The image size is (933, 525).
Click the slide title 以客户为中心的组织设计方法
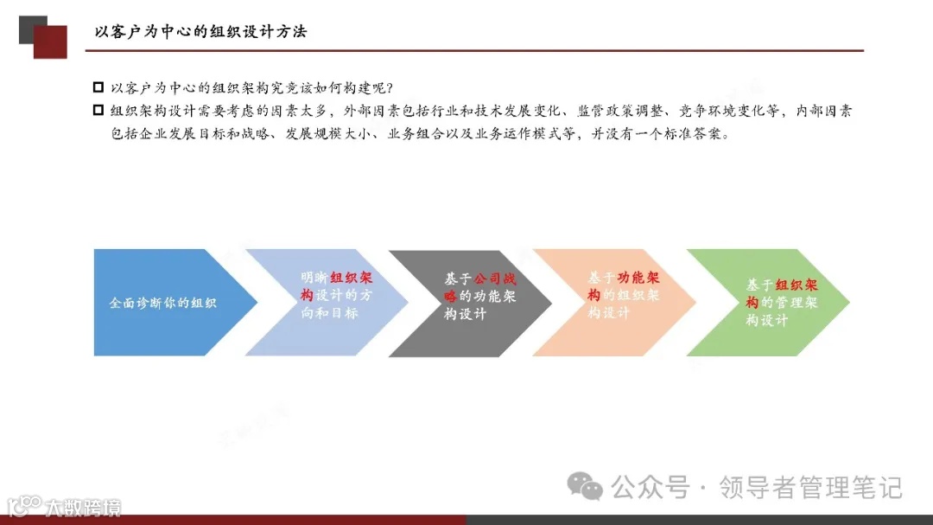[200, 32]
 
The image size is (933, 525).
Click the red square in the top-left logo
[52, 43]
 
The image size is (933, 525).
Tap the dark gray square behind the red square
[29, 24]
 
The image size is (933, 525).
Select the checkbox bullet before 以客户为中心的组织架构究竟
[98, 88]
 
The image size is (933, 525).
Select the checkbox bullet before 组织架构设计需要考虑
[98, 111]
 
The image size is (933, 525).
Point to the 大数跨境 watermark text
[83, 507]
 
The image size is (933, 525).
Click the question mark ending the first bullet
[390, 88]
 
